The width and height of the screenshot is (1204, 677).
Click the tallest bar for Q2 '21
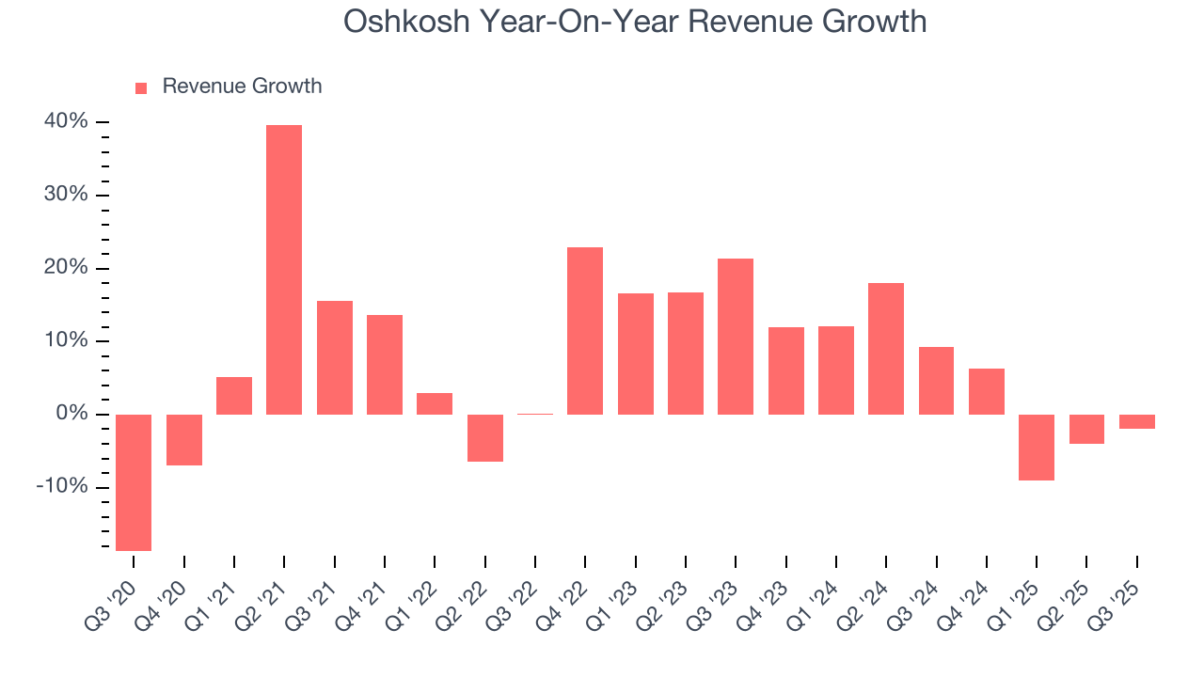coord(284,270)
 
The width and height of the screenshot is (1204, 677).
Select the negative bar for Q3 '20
coord(134,482)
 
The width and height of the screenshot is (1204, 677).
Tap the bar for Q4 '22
coord(585,331)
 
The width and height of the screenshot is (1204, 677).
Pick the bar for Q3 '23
coord(736,337)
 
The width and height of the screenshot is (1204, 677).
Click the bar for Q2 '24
coord(886,349)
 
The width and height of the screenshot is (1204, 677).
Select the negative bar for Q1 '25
coord(1037,448)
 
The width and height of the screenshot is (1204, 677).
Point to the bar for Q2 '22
coord(485,438)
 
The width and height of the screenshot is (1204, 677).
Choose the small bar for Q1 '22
coord(435,404)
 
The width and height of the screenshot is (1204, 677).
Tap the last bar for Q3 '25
coord(1136,421)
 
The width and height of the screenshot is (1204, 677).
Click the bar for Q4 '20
coord(184,440)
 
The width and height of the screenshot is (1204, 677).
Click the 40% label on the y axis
coord(65,122)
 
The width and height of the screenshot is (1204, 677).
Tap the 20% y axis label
coord(65,268)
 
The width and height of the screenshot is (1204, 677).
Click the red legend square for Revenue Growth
coord(141,87)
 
